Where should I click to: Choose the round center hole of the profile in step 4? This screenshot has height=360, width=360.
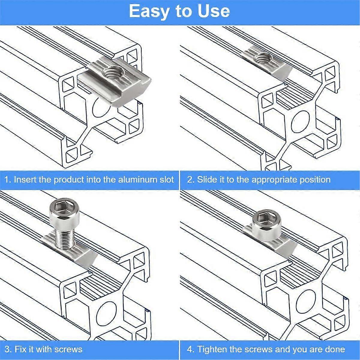pyautogui.click(x=306, y=301)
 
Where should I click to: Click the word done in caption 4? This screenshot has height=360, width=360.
pyautogui.click(x=335, y=349)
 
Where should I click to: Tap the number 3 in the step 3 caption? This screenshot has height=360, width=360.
pyautogui.click(x=7, y=349)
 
